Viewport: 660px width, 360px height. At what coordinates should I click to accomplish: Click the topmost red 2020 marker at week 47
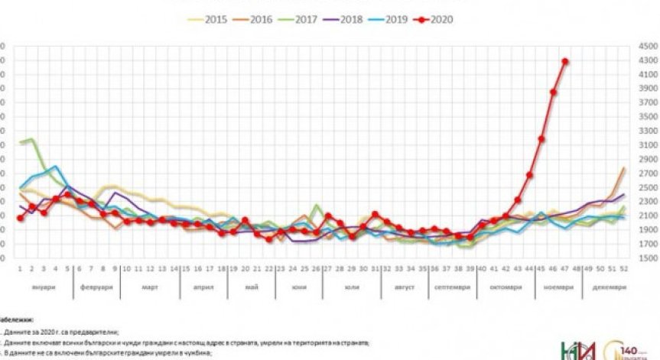pyautogui.click(x=565, y=61)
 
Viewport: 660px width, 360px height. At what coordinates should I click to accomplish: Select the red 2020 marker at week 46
pyautogui.click(x=553, y=92)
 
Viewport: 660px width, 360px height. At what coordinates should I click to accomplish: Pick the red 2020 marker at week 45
pyautogui.click(x=541, y=139)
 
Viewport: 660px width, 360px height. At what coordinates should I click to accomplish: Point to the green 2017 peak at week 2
pyautogui.click(x=31, y=139)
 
